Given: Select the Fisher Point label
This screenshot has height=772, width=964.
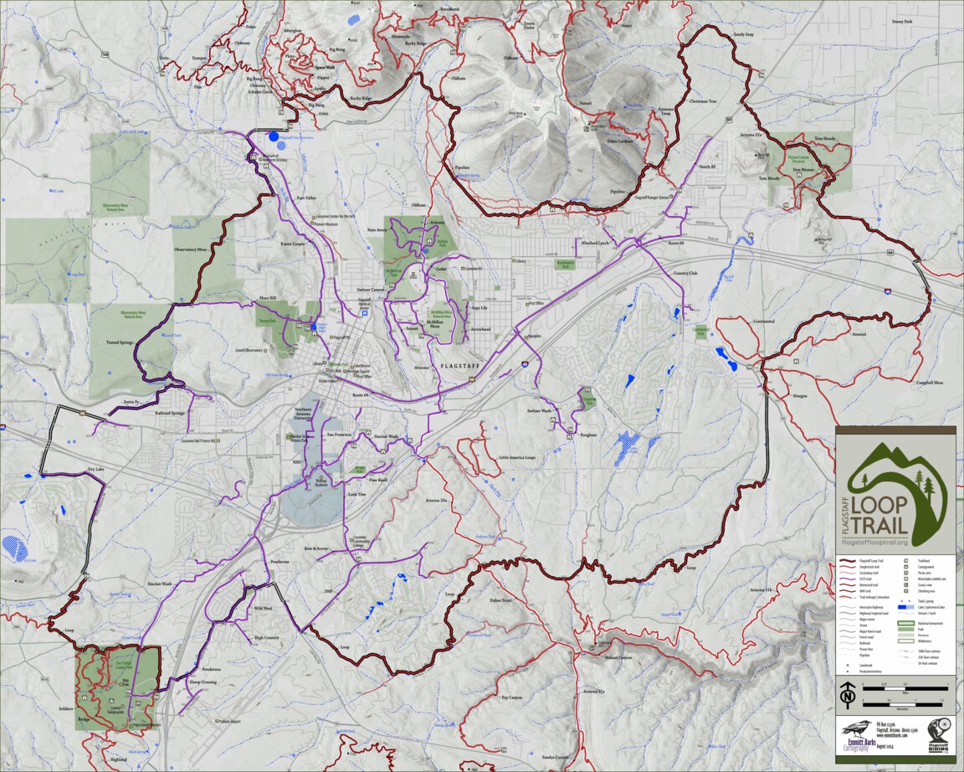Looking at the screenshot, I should point(501,600).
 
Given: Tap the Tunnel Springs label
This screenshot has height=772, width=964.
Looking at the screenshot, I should point(120,342).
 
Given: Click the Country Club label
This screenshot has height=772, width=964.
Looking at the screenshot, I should point(685,273).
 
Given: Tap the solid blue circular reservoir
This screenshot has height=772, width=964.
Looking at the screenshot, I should point(273,136).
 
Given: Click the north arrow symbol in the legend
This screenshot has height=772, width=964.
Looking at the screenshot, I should point(848,693).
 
